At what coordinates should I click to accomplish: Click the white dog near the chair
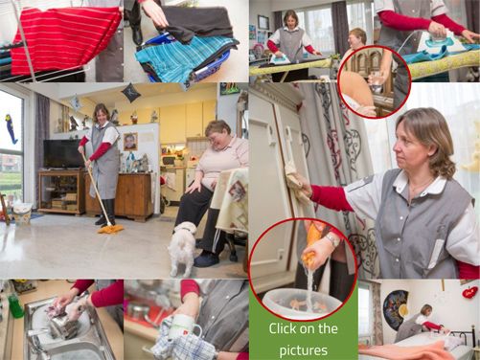click(181, 247)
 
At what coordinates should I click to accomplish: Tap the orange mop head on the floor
click(110, 229)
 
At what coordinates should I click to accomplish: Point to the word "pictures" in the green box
click(304, 350)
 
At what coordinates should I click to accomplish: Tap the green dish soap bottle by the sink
click(15, 306)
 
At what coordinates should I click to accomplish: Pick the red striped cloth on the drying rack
click(65, 40)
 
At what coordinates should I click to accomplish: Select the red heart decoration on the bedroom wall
click(469, 292)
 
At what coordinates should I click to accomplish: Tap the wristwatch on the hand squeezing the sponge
click(332, 240)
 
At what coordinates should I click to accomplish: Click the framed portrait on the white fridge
click(130, 142)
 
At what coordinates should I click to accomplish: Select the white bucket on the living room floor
click(22, 213)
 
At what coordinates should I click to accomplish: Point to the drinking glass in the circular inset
click(377, 80)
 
